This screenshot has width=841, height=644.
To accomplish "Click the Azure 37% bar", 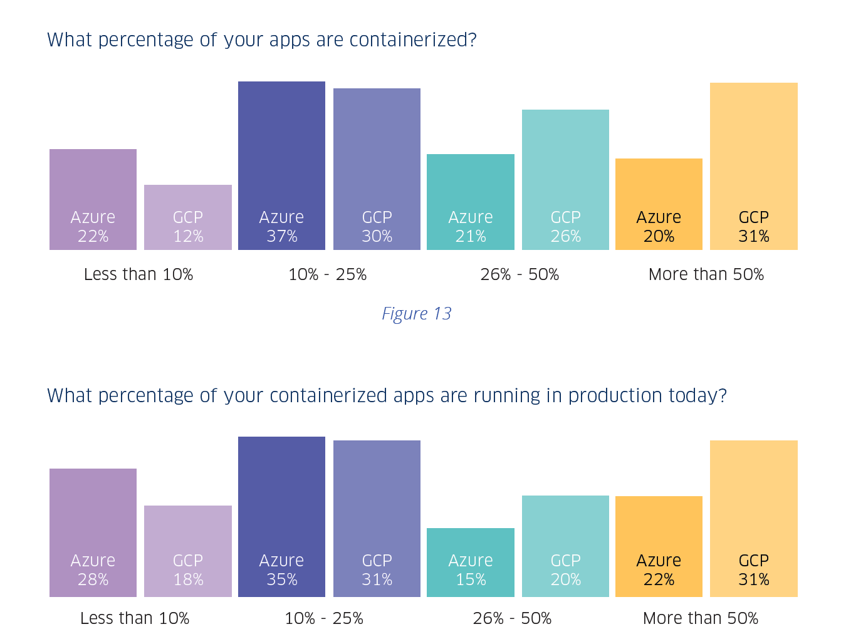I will (x=281, y=166).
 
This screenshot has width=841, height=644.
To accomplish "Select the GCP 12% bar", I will (x=188, y=217).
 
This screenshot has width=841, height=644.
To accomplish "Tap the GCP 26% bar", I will (x=565, y=180).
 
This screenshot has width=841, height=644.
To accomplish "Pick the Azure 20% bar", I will (x=659, y=204).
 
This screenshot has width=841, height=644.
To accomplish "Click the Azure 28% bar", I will (x=93, y=532).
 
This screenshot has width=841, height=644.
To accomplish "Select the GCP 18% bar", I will (x=188, y=551).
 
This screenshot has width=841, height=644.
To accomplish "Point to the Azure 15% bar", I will (x=471, y=562).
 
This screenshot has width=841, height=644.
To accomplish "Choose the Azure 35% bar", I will (x=281, y=516).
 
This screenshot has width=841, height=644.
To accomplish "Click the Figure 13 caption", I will (x=417, y=313).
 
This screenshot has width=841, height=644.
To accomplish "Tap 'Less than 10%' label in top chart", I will (x=138, y=274).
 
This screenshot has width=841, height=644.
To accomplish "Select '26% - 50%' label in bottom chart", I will (x=512, y=618).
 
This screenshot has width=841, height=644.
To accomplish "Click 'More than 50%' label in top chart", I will (x=706, y=274).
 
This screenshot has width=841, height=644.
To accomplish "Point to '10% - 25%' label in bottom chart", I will (x=324, y=618).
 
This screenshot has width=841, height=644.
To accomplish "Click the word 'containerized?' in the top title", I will (x=413, y=40).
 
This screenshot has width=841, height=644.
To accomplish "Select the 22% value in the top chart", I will (x=93, y=237).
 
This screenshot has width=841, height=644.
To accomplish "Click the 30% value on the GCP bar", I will (x=377, y=237).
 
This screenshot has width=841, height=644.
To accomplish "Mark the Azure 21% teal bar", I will (x=471, y=202).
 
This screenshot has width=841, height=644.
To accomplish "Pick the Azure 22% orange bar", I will (x=659, y=546).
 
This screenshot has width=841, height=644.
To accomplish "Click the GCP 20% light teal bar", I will (x=565, y=546).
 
